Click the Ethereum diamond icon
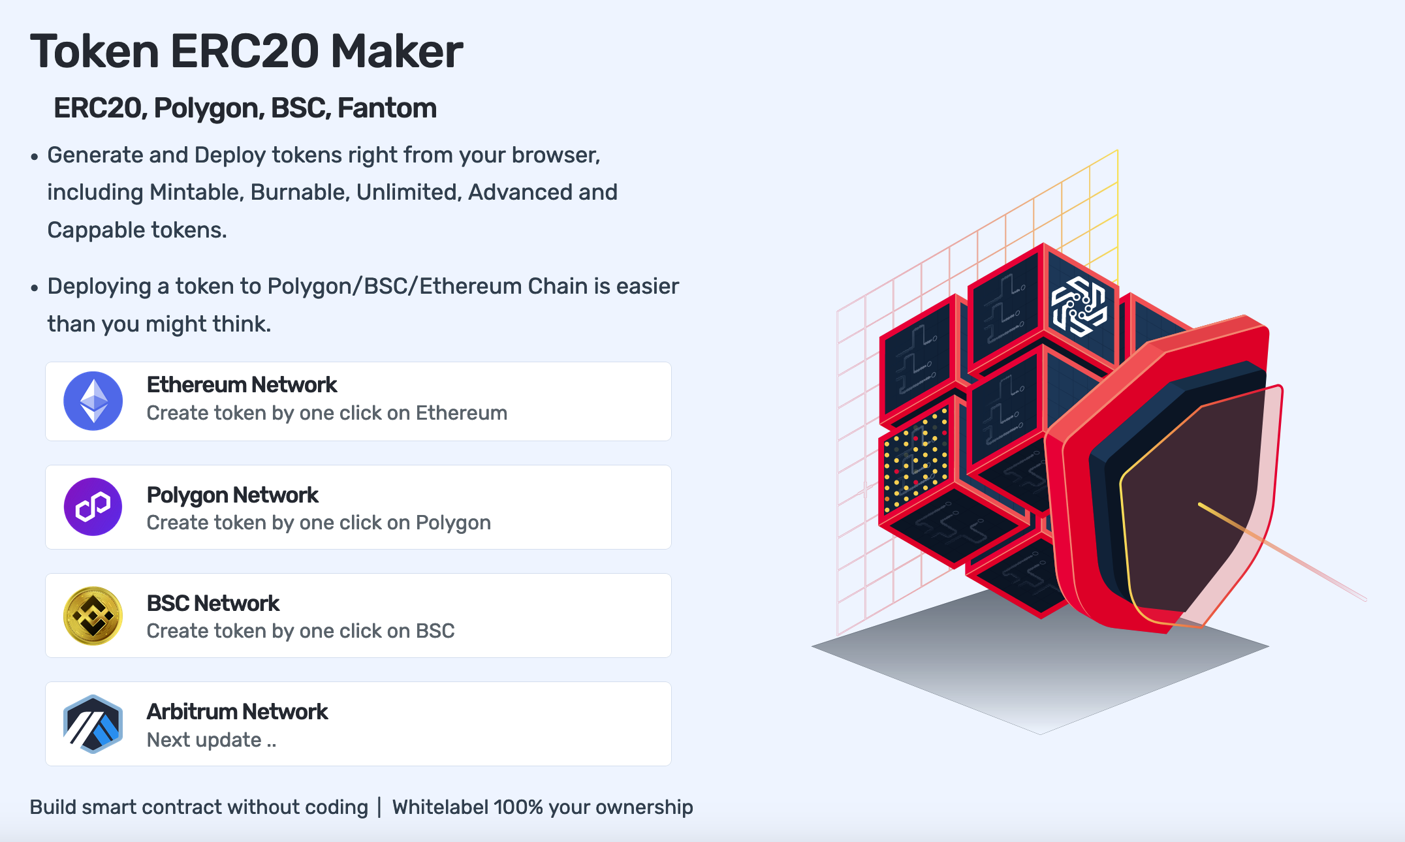[93, 401]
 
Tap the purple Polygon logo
[93, 507]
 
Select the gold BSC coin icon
[93, 616]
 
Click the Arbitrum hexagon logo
[93, 724]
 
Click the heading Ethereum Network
[242, 385]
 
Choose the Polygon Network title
[232, 495]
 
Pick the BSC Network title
[213, 603]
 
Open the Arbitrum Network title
[237, 711]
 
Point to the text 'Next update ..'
[212, 740]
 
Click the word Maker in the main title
[397, 52]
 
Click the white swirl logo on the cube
[1079, 305]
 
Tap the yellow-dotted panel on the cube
[915, 460]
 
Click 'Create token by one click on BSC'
[300, 631]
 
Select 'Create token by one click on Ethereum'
[326, 413]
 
